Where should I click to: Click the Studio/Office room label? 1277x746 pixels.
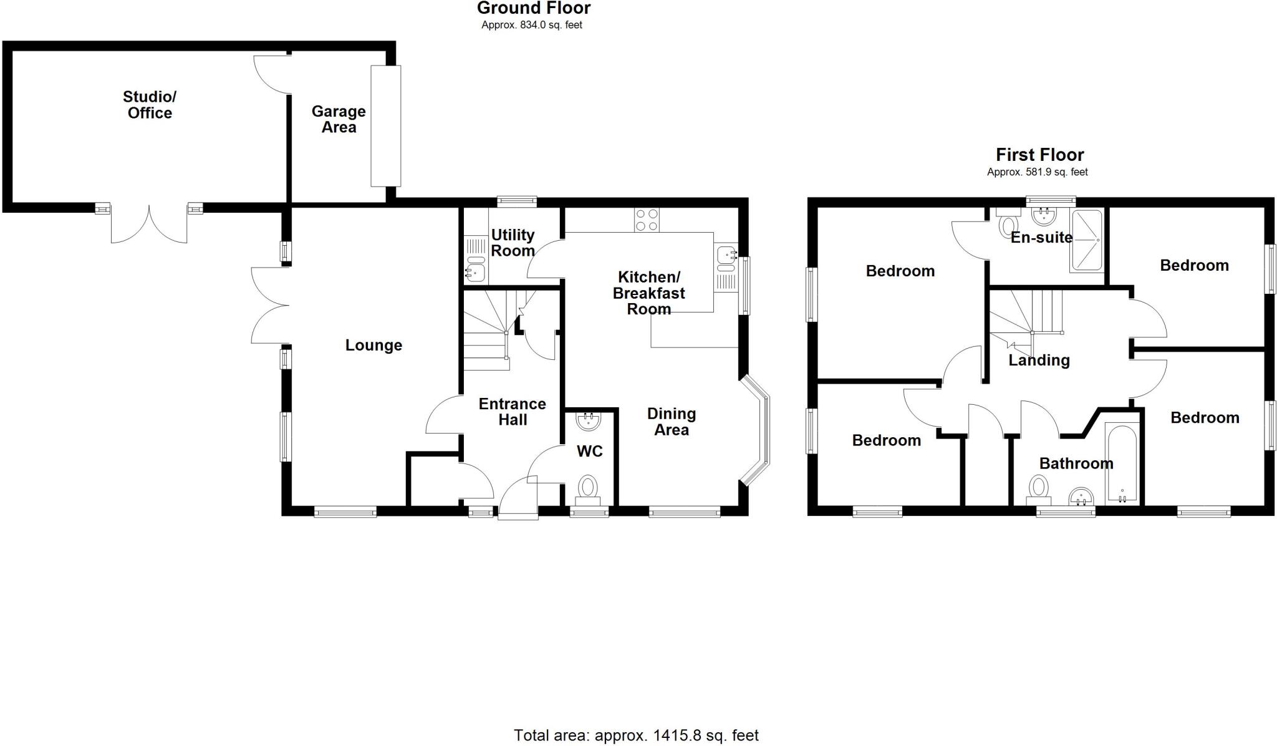[150, 105]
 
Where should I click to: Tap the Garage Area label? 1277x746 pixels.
[339, 119]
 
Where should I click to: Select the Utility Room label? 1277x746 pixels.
[513, 243]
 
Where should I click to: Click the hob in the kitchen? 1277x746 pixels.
[647, 220]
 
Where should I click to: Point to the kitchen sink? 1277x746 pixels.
[726, 255]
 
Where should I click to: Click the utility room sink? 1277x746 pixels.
[475, 271]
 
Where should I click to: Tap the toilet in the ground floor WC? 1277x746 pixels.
[587, 487]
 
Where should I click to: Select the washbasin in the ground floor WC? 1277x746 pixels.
[588, 421]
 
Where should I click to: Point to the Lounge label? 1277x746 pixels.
[373, 345]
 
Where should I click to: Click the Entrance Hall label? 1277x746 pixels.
[512, 412]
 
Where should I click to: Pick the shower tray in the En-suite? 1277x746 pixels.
[1086, 241]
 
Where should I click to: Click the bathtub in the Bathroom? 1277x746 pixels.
[1121, 464]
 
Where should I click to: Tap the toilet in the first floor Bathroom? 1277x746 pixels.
[1039, 488]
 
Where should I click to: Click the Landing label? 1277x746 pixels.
[1039, 360]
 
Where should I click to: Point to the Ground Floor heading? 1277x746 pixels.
[534, 8]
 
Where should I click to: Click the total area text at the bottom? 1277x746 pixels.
[636, 735]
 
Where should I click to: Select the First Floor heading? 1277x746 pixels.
[1039, 155]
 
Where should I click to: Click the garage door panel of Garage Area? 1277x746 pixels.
[386, 125]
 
